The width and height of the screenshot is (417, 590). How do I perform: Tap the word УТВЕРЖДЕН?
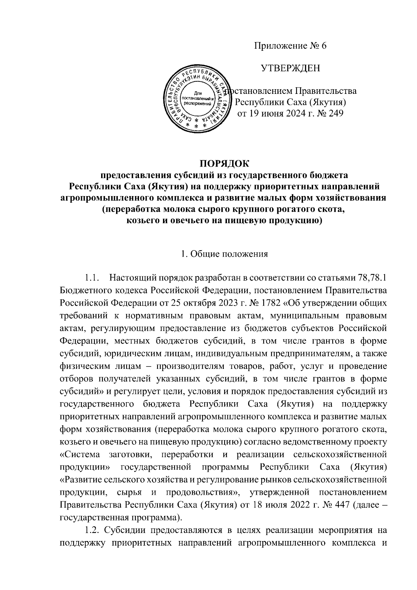(x=291, y=68)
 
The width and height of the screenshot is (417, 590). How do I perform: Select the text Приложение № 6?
(x=291, y=46)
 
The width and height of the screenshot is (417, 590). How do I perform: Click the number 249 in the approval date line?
(x=335, y=114)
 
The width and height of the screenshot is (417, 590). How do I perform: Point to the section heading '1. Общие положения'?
(x=224, y=254)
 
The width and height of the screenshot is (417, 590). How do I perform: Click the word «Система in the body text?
(x=80, y=455)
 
